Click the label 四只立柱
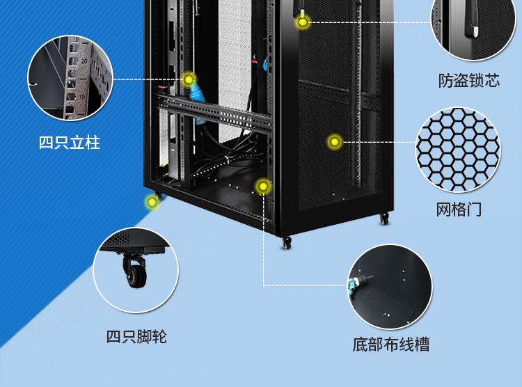tap(69, 143)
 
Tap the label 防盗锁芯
tap(468, 81)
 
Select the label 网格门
tap(459, 210)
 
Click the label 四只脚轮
tap(136, 337)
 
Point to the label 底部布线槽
tap(391, 345)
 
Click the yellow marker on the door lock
tap(303, 22)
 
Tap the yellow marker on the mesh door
tap(335, 142)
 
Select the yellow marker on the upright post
tap(189, 79)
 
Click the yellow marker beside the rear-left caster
tap(152, 202)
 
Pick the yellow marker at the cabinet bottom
tap(263, 187)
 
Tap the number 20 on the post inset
tap(84, 61)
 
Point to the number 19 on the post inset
tap(82, 97)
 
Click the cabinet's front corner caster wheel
tap(286, 243)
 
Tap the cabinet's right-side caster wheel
tap(384, 219)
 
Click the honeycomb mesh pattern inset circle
tap(458, 150)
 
